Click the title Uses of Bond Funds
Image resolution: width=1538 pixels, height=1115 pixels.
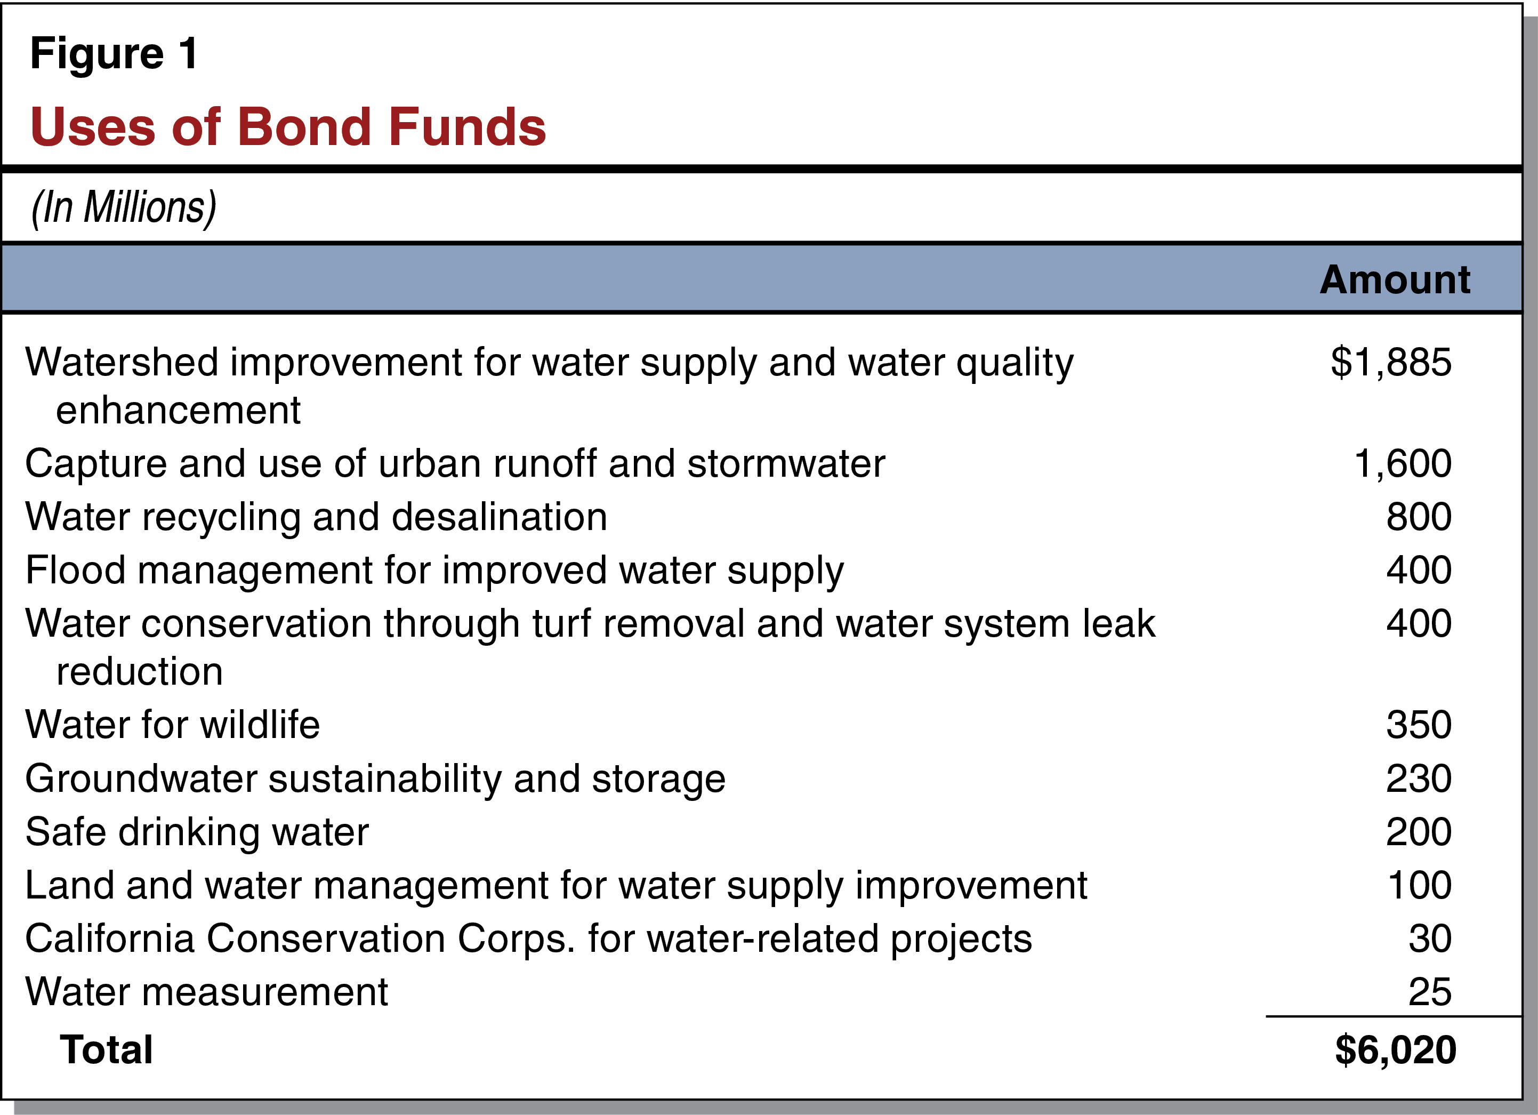coord(287,127)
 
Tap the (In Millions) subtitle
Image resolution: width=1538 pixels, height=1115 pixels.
coord(124,207)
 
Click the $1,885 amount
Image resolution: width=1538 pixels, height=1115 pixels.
coord(1390,362)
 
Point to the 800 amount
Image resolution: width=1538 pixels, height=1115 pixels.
coord(1418,517)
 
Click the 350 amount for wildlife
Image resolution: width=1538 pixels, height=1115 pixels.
coord(1418,724)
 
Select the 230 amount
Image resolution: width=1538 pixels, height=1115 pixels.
coord(1418,778)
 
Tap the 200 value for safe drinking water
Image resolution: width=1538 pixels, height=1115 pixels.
coord(1418,831)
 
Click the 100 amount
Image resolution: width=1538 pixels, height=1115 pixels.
coord(1419,885)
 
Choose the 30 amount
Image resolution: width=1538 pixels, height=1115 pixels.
coord(1429,938)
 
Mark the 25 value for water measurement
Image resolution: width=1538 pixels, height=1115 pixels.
coord(1429,992)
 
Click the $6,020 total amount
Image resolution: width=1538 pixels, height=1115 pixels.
coord(1395,1050)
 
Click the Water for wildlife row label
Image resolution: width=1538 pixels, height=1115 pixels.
coord(172,724)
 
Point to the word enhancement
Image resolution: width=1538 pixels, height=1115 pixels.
coord(178,410)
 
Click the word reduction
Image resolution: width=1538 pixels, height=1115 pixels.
coord(139,671)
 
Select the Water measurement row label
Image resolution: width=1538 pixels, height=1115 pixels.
coord(206,992)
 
